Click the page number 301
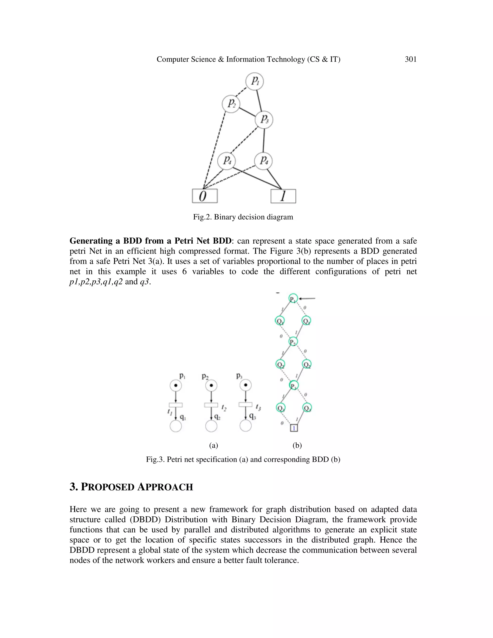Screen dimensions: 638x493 pos(410,59)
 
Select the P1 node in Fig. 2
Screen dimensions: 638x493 pos(255,81)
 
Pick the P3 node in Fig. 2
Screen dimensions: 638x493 pos(264,119)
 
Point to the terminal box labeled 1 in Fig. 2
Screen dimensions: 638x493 pos(283,196)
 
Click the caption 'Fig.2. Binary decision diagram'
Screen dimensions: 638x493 pos(243,217)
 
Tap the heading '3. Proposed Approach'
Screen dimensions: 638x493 pos(131,487)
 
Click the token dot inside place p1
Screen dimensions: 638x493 pos(176,386)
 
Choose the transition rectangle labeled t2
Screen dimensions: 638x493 pos(211,405)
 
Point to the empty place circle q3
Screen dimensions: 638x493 pos(245,426)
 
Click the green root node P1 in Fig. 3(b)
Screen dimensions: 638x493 pos(293,299)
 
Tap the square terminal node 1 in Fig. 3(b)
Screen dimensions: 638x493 pos(294,428)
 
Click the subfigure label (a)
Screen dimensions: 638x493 pos(214,445)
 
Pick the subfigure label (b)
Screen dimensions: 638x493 pos(297,445)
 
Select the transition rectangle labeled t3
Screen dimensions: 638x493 pos(245,405)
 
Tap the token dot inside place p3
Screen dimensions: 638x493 pos(246,385)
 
